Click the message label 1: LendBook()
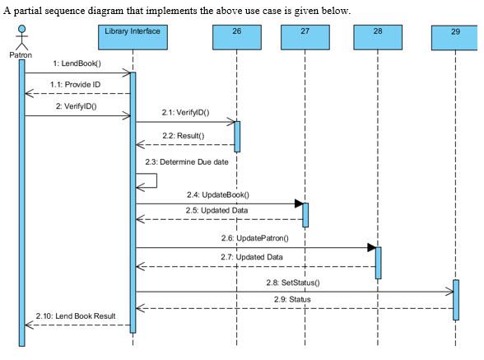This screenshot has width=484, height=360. click(77, 63)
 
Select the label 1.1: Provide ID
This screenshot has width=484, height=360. click(76, 85)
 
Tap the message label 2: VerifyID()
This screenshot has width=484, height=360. click(76, 106)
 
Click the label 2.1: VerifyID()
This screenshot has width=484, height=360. click(185, 112)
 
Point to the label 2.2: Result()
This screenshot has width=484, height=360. click(183, 134)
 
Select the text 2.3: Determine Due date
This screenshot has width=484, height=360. click(186, 161)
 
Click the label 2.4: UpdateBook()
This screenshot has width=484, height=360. click(218, 194)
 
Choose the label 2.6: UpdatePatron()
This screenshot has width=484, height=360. click(254, 238)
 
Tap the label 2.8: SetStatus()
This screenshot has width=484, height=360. click(294, 282)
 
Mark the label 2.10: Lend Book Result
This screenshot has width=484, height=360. click(76, 316)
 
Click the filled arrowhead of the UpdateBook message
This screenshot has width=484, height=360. click(299, 203)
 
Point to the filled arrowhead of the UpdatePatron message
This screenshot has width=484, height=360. click(371, 247)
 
